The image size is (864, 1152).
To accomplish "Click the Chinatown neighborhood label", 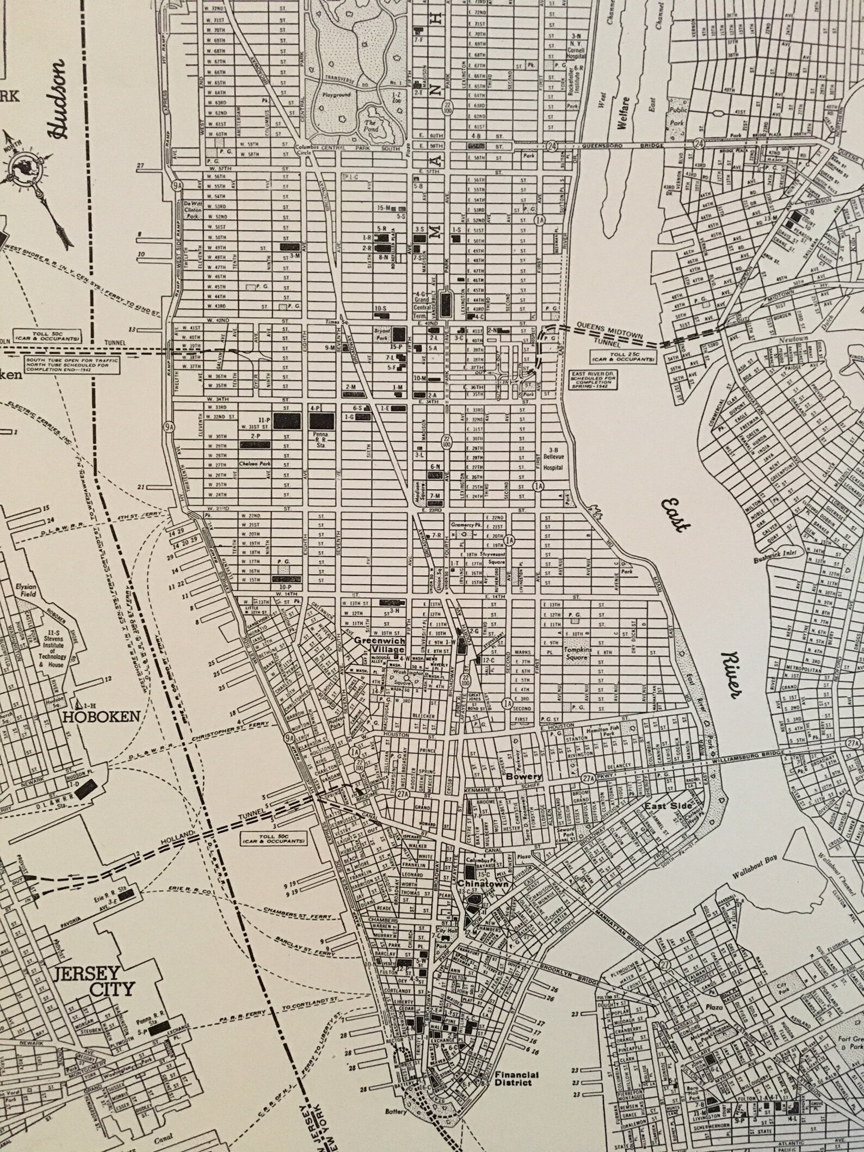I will pos(483,884).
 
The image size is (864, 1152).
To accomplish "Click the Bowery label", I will pos(524,777).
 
